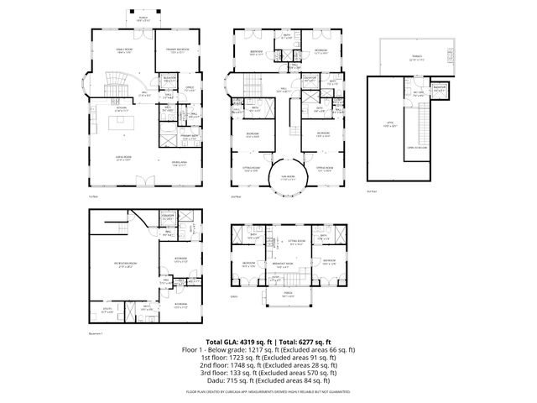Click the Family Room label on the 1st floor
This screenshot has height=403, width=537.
[x=123, y=50]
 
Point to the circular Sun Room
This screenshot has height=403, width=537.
[x=286, y=177]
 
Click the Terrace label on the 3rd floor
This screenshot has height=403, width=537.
[x=416, y=57]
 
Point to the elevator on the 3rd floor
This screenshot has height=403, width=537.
[x=436, y=88]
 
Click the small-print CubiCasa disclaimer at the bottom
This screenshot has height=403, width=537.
[x=268, y=391]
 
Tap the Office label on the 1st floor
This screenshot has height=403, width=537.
[x=190, y=87]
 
